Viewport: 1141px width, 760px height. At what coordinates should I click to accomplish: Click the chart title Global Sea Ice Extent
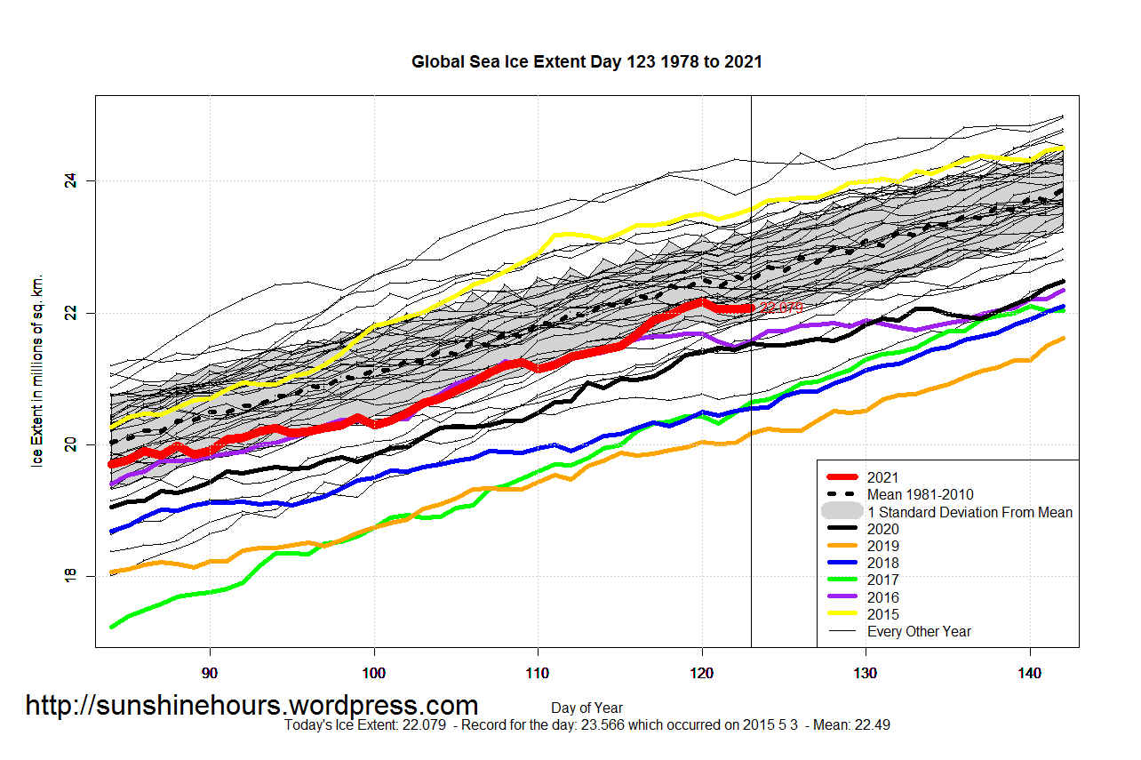586,62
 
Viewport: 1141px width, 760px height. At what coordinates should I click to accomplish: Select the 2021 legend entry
882,477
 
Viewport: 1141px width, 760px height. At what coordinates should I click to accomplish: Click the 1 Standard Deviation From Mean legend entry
969,512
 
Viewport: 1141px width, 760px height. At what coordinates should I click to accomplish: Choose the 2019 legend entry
882,546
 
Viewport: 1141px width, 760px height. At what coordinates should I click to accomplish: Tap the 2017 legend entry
882,580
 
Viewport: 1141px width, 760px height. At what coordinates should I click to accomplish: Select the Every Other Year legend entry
919,631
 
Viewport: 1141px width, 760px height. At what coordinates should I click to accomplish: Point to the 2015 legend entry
882,614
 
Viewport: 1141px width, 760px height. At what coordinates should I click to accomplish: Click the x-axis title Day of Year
586,708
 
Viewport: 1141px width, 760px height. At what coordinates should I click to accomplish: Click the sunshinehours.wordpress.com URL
251,706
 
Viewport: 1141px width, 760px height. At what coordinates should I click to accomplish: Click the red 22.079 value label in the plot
781,307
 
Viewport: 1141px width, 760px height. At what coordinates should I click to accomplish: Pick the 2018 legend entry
882,563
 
